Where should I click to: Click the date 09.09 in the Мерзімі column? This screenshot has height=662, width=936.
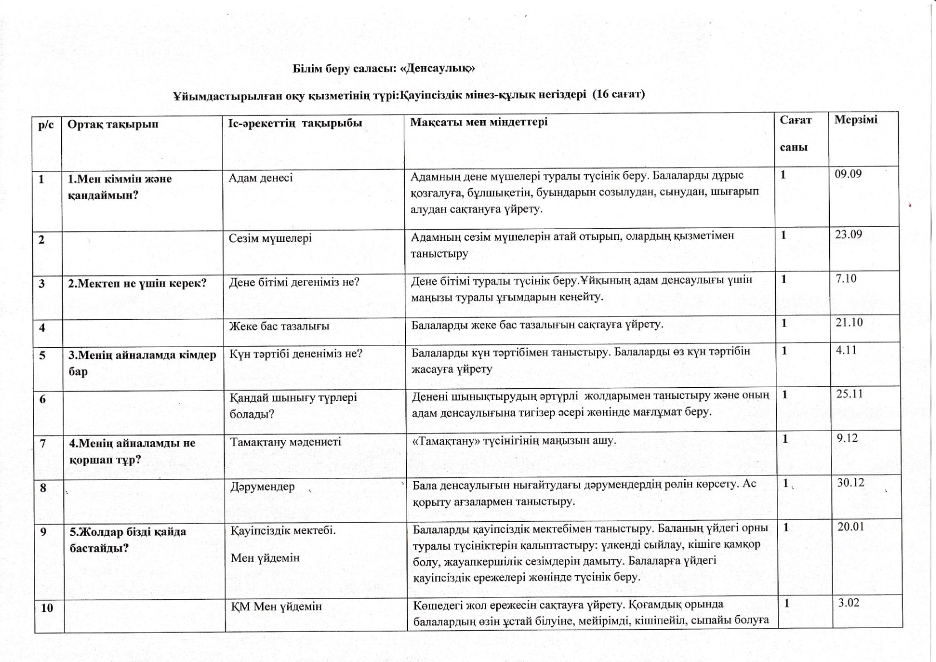(x=848, y=174)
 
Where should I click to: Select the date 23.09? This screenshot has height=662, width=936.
(x=848, y=234)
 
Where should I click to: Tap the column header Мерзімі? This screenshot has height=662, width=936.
(x=855, y=120)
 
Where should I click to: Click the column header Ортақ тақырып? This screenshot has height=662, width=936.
(x=113, y=123)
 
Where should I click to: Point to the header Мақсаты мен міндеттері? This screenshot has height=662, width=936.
(x=478, y=122)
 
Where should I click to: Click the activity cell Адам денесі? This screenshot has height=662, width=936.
(x=260, y=178)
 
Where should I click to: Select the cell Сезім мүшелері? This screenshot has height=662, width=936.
(x=270, y=238)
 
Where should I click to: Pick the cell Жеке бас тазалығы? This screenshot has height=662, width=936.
(x=279, y=326)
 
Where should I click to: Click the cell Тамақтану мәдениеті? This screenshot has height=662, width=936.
(x=285, y=442)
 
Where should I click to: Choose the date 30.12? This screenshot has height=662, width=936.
(x=851, y=482)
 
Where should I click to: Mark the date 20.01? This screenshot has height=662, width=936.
(x=851, y=526)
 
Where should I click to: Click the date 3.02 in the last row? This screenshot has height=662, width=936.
(x=849, y=602)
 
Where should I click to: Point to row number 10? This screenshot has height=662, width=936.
(x=47, y=607)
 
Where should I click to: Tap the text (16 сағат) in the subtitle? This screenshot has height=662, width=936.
(x=618, y=94)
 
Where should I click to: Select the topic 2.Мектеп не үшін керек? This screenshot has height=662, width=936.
(x=137, y=283)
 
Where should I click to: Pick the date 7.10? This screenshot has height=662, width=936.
(x=846, y=278)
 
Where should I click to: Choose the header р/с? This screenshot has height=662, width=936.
(x=46, y=124)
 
